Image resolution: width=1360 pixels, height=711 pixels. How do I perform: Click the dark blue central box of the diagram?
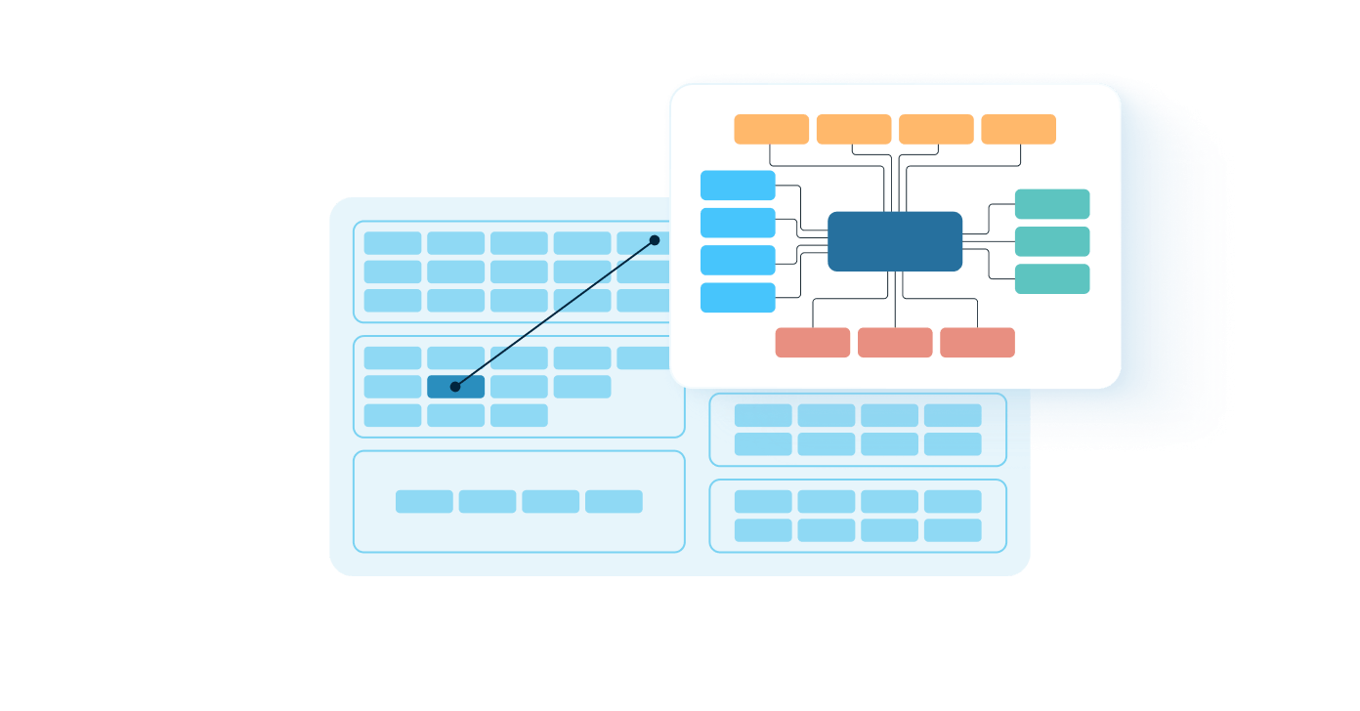pyautogui.click(x=895, y=241)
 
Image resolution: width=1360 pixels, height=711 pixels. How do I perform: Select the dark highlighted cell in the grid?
pyautogui.click(x=455, y=387)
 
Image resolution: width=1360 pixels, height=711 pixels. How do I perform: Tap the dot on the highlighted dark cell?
pyautogui.click(x=455, y=387)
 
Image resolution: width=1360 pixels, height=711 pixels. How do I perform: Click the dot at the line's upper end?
pyautogui.click(x=655, y=240)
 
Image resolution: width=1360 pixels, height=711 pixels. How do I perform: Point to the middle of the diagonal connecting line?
pyautogui.click(x=555, y=314)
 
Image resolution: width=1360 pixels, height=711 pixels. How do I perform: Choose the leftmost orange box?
pyautogui.click(x=772, y=129)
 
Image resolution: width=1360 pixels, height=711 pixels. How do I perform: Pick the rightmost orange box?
pyautogui.click(x=1018, y=129)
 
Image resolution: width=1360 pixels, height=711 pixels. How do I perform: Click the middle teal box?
pyautogui.click(x=1052, y=241)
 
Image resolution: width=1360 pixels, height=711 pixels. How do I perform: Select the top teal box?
pyautogui.click(x=1052, y=204)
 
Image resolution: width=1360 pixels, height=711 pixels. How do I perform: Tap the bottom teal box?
pyautogui.click(x=1052, y=278)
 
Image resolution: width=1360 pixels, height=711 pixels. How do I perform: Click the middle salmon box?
pyautogui.click(x=895, y=343)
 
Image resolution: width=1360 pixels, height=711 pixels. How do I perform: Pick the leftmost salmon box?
pyautogui.click(x=813, y=343)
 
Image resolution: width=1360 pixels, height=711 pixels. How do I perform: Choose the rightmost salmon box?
pyautogui.click(x=977, y=343)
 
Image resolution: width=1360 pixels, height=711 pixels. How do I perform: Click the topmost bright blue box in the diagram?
pyautogui.click(x=738, y=186)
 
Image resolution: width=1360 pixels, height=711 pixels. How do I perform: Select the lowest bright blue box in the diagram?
pyautogui.click(x=738, y=298)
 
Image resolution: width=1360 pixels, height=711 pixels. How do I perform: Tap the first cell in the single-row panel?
pyautogui.click(x=424, y=501)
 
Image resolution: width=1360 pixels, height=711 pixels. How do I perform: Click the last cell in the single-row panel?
pyautogui.click(x=614, y=501)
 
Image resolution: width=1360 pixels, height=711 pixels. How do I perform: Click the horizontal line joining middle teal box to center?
pyautogui.click(x=989, y=241)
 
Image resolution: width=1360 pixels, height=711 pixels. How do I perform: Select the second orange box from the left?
pyautogui.click(x=854, y=129)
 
